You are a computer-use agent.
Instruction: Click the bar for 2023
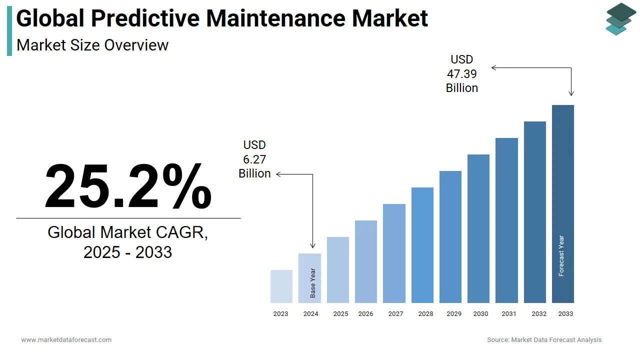281,286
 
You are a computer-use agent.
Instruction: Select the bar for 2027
394,253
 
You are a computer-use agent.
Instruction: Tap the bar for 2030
478,228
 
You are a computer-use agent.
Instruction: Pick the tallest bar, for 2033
562,204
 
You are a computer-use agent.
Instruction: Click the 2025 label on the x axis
340,314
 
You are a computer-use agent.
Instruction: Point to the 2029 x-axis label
454,314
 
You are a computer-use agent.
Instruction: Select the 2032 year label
539,314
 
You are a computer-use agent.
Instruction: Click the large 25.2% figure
128,186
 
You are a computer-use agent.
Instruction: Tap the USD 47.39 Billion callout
462,74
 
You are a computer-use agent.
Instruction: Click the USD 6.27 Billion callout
254,159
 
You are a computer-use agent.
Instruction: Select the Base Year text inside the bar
313,283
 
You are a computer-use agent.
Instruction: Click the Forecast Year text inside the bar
561,256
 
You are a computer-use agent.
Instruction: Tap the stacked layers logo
620,19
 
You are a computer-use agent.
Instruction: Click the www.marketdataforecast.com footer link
66,339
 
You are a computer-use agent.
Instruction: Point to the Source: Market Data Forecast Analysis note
544,339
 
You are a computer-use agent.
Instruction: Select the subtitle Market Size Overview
92,45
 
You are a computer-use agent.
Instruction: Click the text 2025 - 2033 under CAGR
128,252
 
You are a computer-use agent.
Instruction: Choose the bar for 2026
366,261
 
